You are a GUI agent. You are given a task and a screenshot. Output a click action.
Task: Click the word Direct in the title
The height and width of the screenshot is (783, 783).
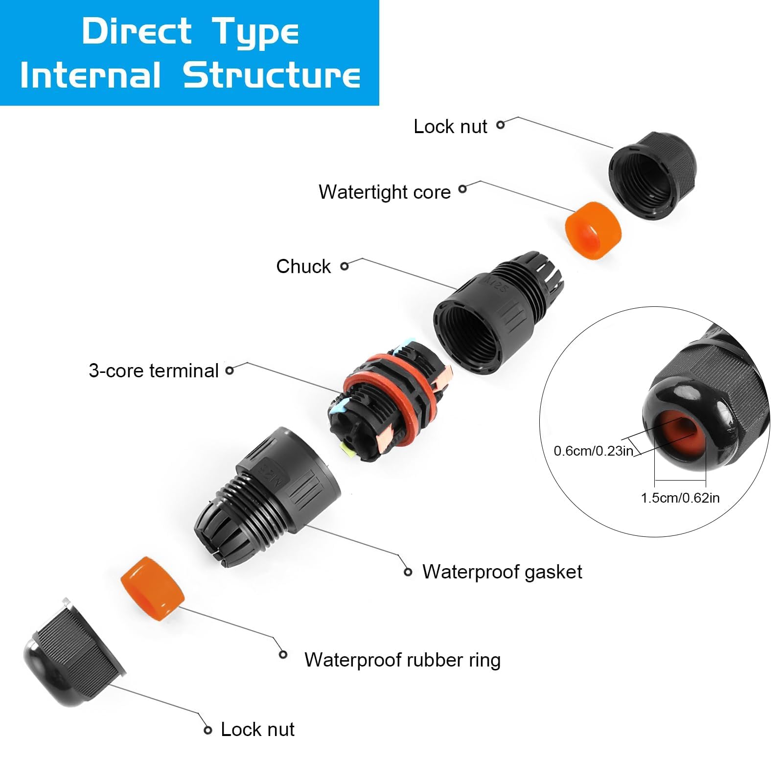(137, 31)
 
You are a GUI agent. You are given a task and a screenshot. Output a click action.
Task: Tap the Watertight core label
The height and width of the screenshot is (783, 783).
(384, 192)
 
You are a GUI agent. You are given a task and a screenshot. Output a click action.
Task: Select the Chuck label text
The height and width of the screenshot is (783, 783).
(303, 266)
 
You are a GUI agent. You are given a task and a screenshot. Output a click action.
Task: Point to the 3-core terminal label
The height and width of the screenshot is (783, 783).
(153, 370)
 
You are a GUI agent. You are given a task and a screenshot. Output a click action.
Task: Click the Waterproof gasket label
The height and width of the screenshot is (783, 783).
(502, 572)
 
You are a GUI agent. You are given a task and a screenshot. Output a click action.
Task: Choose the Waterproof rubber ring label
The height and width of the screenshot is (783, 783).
(402, 660)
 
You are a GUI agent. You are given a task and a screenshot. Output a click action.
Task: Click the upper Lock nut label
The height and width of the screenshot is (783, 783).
(450, 126)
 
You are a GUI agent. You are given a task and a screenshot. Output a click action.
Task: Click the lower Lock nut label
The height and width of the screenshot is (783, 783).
(257, 729)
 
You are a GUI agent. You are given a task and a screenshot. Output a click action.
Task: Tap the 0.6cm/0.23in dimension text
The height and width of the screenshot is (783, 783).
(593, 451)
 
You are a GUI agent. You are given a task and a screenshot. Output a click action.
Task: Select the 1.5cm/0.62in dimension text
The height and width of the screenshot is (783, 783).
(680, 498)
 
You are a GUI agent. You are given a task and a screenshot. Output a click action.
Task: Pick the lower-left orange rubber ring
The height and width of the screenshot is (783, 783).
(152, 588)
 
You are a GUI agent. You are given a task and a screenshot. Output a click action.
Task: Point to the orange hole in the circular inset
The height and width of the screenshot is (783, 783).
(680, 433)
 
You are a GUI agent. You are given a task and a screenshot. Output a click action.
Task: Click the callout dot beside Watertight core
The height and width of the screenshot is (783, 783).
(462, 189)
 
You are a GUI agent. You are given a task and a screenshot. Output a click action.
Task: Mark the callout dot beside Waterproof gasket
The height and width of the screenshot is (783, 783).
(408, 572)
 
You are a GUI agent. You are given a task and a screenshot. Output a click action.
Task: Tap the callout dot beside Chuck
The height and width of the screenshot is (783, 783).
(345, 266)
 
